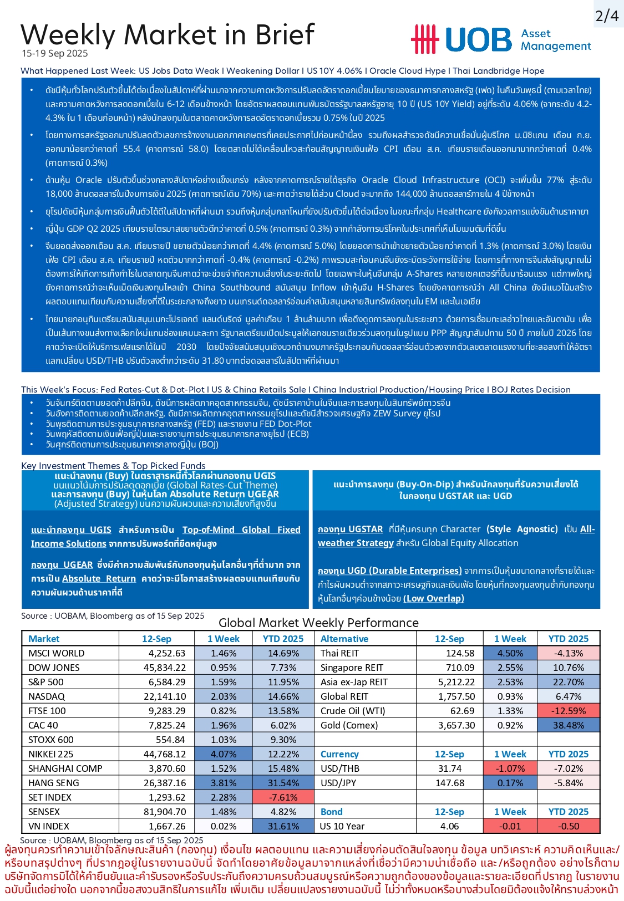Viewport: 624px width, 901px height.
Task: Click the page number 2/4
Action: click(x=607, y=16)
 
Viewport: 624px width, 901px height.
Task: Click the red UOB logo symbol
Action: click(x=424, y=39)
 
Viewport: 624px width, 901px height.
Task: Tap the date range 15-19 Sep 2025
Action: click(x=55, y=54)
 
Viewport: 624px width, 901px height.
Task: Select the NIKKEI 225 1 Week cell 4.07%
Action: click(x=224, y=754)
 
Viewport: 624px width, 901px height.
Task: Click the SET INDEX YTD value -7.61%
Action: click(x=283, y=797)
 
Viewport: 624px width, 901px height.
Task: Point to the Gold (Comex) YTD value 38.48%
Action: click(x=568, y=725)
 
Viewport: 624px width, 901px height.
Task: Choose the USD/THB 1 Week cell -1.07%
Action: click(x=510, y=768)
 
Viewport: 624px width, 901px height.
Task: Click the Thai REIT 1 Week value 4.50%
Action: click(x=510, y=653)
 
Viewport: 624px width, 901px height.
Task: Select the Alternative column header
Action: click(x=344, y=639)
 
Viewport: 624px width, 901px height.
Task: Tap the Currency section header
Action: click(x=339, y=754)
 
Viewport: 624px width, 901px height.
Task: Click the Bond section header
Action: click(x=332, y=812)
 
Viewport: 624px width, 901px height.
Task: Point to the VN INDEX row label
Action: click(x=49, y=826)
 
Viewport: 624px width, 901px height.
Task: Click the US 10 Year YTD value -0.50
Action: click(x=568, y=826)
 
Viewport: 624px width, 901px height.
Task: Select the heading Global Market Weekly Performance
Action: click(x=318, y=623)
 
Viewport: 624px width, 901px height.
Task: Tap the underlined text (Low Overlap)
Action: click(x=434, y=598)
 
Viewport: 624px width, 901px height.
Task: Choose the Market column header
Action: click(x=44, y=639)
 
